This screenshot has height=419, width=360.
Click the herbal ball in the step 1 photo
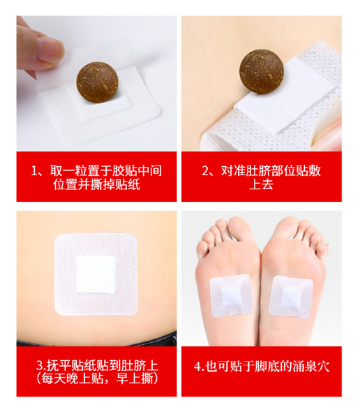click(x=97, y=82)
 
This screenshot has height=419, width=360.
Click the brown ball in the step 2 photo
click(x=262, y=71)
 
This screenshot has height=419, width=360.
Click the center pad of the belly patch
click(x=96, y=274)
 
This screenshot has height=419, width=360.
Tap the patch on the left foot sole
click(x=230, y=295)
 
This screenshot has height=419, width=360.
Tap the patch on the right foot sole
click(x=291, y=297)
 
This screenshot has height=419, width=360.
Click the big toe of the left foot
click(x=240, y=228)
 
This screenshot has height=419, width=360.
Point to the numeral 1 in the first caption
click(x=34, y=171)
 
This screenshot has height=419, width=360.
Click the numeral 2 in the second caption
click(x=205, y=171)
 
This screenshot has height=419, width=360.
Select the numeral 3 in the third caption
click(x=39, y=366)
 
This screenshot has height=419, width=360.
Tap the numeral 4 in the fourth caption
click(x=197, y=367)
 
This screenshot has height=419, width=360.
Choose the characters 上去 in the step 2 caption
click(x=261, y=184)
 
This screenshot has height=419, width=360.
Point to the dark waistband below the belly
click(x=96, y=340)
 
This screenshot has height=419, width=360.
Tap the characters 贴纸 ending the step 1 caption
click(x=128, y=184)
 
